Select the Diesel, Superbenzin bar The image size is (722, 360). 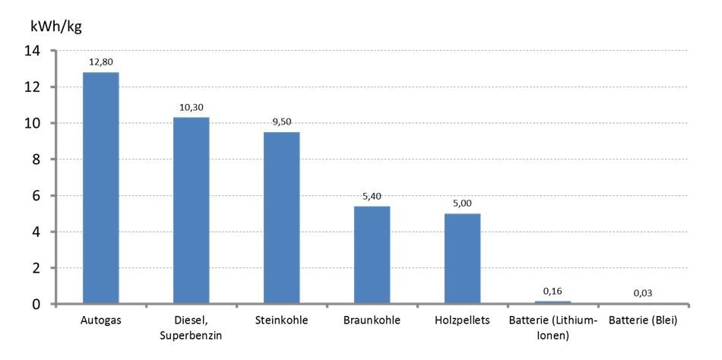[x=191, y=211]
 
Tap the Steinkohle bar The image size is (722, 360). [x=281, y=218]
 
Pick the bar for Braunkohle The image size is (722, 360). [x=372, y=255]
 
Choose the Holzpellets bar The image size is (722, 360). [x=462, y=259]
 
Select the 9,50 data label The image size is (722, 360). [x=281, y=123]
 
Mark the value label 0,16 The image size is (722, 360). [x=553, y=292]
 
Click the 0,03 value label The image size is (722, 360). [x=643, y=294]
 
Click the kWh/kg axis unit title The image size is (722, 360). [x=55, y=27]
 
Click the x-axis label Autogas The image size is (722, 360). [x=100, y=321]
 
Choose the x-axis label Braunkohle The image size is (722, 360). [x=372, y=321]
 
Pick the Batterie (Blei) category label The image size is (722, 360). [x=643, y=321]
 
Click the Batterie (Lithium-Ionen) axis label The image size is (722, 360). [x=553, y=327]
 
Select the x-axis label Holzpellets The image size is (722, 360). [x=462, y=321]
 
